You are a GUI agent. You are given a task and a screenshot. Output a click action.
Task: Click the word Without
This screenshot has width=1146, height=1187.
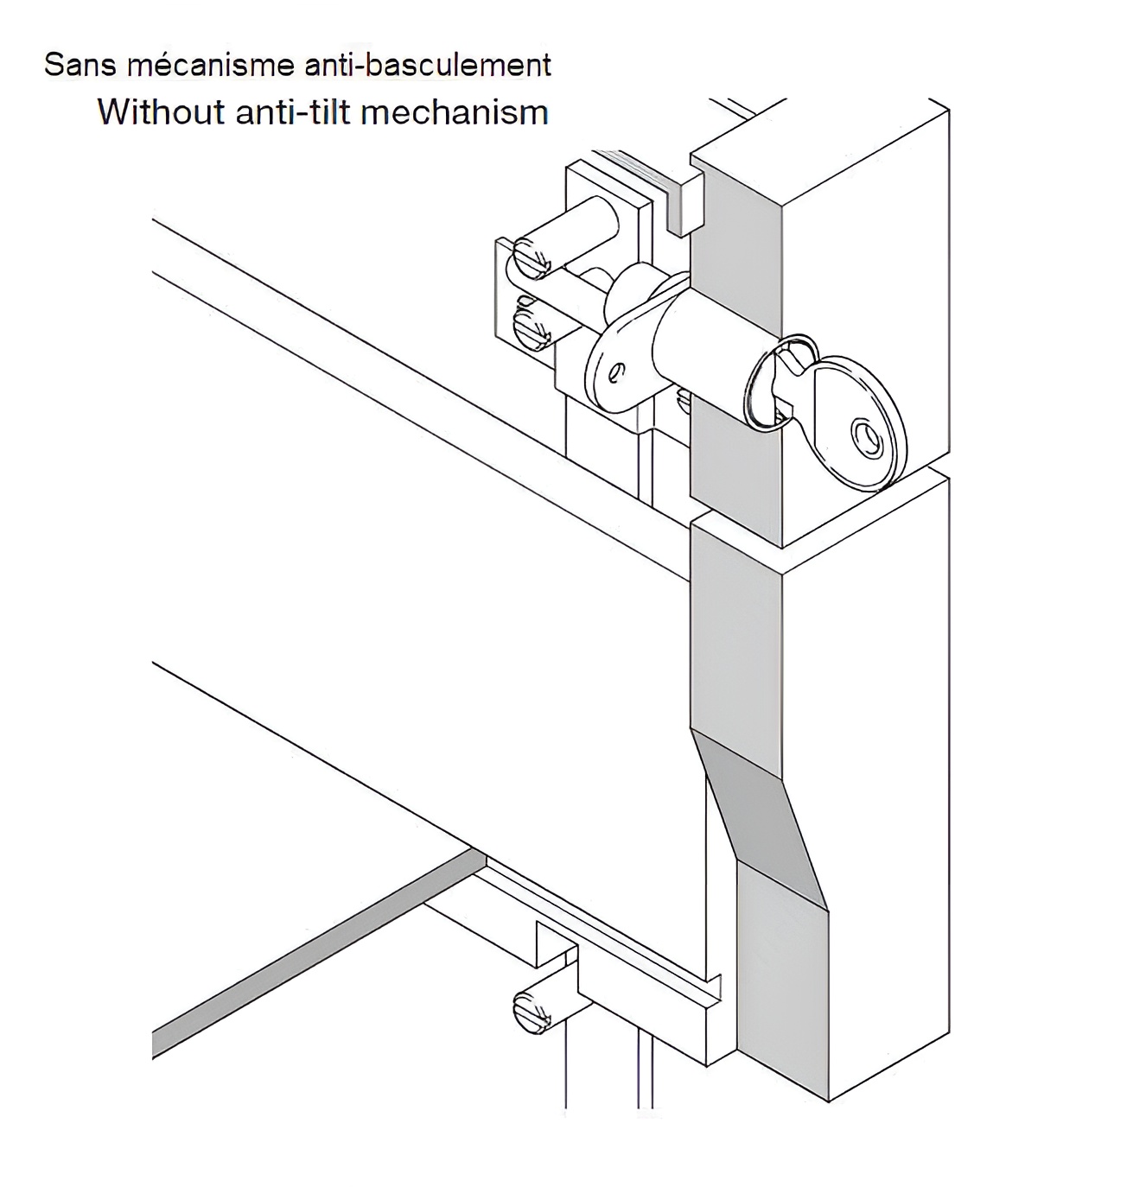(x=161, y=112)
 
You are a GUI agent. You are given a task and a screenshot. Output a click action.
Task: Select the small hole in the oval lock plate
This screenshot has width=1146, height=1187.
(x=614, y=373)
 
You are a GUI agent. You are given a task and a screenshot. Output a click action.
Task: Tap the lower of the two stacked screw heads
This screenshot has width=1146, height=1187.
(x=530, y=327)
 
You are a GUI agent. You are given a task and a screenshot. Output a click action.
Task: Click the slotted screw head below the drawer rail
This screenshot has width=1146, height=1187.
(x=532, y=1011)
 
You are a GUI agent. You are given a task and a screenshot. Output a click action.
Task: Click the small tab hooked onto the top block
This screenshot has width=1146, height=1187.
(x=687, y=203)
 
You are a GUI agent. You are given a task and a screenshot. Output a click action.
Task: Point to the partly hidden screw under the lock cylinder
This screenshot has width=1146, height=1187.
(x=683, y=399)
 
